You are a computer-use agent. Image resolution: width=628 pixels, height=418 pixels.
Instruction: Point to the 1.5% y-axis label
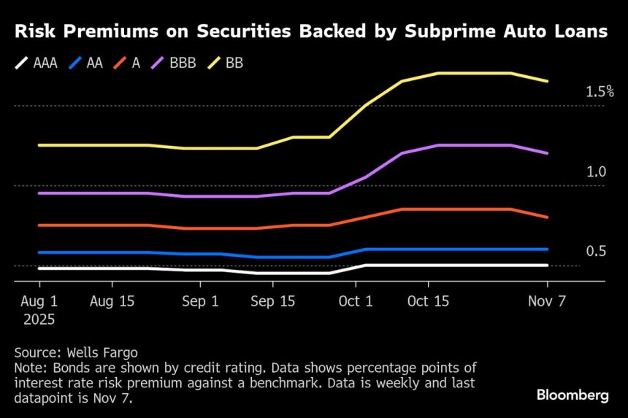600,93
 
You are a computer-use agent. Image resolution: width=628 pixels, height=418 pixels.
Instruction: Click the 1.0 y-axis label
596,172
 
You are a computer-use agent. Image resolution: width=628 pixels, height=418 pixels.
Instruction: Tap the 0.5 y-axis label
596,252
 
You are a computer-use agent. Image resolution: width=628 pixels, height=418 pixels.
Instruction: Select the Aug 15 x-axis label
112,301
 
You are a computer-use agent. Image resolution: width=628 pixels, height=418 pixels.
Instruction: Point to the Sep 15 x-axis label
272,301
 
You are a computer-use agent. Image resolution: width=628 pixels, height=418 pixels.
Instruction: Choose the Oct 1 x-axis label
356,301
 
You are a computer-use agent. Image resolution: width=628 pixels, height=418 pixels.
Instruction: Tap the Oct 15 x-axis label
429,301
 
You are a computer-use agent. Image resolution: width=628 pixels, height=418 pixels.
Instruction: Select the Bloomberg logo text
573,395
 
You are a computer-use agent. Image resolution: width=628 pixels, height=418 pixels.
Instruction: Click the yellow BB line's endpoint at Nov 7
548,81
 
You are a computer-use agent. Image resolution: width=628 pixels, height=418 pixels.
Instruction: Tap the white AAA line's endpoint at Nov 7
548,266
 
